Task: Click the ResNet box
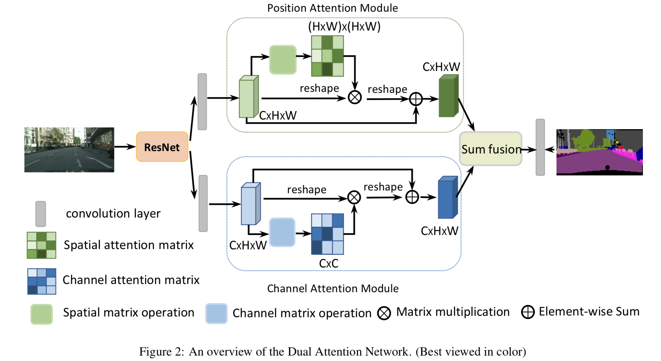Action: (x=162, y=147)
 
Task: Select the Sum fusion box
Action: (x=490, y=149)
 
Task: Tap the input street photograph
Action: (x=69, y=150)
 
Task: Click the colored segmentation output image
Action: (x=599, y=152)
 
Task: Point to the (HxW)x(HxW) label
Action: (x=344, y=26)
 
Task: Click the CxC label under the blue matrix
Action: (x=328, y=263)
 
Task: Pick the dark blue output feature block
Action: (x=448, y=198)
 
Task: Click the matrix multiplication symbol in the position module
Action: (x=354, y=97)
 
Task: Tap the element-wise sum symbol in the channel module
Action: (x=412, y=197)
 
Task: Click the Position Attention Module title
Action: (x=333, y=8)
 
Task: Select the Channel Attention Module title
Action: (x=333, y=288)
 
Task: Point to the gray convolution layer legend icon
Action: (x=41, y=214)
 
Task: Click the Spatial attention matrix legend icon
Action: (x=41, y=245)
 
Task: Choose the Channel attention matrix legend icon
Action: (x=41, y=281)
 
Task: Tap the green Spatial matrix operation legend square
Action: (x=41, y=314)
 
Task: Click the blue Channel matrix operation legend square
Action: (x=216, y=313)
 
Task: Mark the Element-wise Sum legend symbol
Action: (x=528, y=312)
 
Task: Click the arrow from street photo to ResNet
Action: (x=125, y=147)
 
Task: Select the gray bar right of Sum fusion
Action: (x=540, y=147)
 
